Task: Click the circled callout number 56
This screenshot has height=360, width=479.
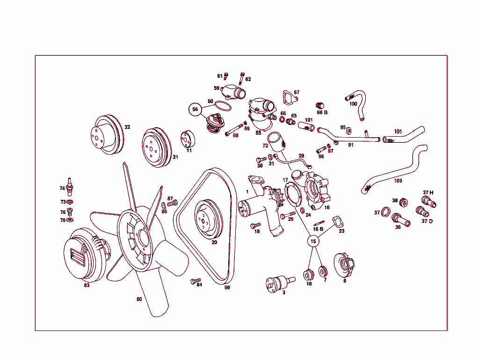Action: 195,110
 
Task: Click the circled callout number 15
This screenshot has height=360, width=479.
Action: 313,242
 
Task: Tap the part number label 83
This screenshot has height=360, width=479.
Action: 87,285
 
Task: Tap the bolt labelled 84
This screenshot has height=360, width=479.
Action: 196,280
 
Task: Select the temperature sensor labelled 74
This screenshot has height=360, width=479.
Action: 70,187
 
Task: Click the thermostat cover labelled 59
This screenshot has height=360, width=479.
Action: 234,92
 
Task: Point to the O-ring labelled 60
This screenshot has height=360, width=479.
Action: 223,106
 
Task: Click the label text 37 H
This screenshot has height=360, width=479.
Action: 428,192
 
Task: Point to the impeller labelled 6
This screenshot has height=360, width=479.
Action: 344,265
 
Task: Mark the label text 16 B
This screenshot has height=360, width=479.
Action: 318,229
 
